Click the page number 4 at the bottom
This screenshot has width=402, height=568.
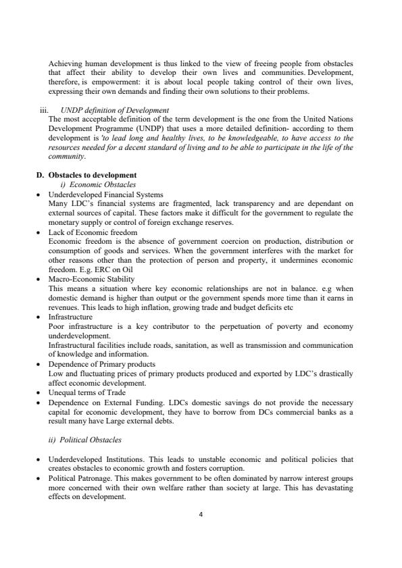[x=201, y=514]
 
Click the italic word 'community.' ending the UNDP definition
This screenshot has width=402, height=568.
[x=67, y=157]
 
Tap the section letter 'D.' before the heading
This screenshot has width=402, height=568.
[x=40, y=176]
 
